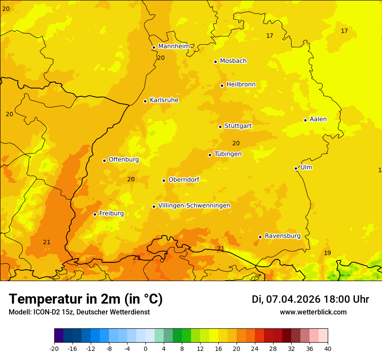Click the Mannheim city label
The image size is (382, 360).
tap(174, 46)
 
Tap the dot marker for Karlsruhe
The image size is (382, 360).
tap(145, 101)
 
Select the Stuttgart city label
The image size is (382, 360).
tap(238, 126)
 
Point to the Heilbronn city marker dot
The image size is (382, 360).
tap(222, 85)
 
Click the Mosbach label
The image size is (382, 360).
tap(233, 61)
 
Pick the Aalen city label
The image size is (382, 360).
tap(318, 119)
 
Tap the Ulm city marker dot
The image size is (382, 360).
tap(296, 168)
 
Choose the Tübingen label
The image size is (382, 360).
tap(228, 154)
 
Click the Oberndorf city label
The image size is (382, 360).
tap(184, 180)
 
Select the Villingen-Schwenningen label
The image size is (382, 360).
tap(194, 206)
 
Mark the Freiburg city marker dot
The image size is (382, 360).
tap(95, 214)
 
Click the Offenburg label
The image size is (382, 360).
tap(124, 160)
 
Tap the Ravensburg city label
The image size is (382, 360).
tap(283, 236)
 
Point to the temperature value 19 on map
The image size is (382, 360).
tap(327, 253)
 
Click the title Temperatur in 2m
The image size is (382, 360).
tap(86, 299)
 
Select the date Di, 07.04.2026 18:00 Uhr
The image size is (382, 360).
tap(310, 299)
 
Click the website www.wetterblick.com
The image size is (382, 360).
tap(313, 312)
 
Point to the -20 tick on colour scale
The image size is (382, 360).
tap(54, 348)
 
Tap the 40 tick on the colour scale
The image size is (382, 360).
tap(327, 348)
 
